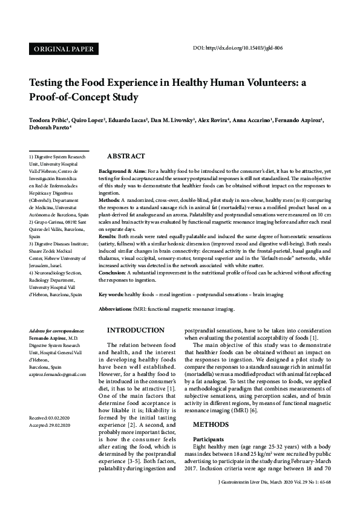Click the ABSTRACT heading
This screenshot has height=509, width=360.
point(126,156)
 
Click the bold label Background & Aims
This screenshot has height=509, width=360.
point(121,172)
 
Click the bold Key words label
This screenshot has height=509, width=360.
point(111,294)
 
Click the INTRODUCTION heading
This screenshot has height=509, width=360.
point(135,331)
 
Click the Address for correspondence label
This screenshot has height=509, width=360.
point(56,331)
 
